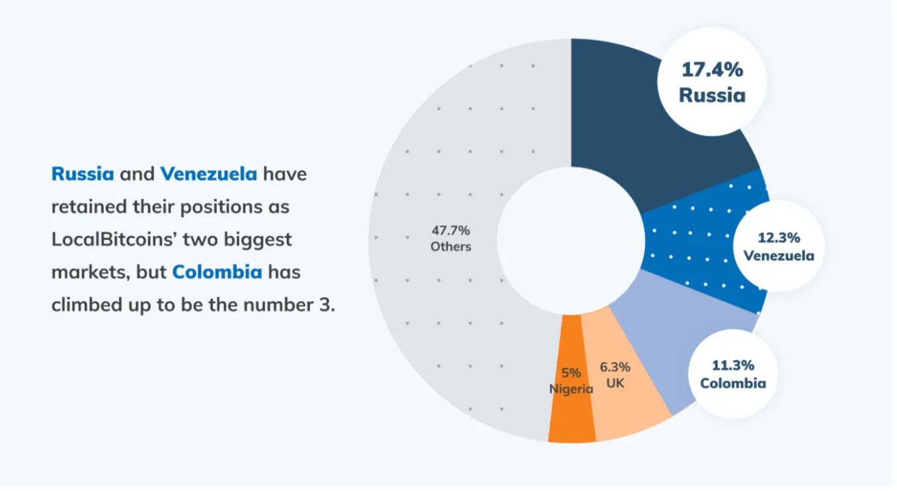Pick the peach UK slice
pos(628,410)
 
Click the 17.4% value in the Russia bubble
pos(712,70)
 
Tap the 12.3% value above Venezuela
pos(779,238)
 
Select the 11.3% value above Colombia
pos(733,365)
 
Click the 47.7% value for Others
pos(451,230)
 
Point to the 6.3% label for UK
pos(615,367)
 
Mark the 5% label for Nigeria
pos(571,373)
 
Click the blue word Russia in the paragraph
pos(83,174)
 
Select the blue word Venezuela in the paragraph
pos(208,174)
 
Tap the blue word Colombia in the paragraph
pos(217,272)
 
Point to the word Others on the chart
pos(451,247)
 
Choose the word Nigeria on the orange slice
pos(571,389)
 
